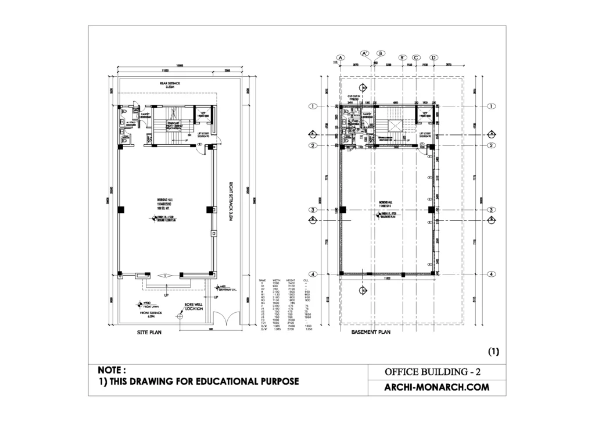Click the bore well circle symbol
tap(181, 317)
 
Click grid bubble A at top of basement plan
tap(340, 58)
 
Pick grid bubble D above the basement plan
tap(433, 58)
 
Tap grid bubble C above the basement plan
tap(416, 58)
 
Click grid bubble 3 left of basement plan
tap(313, 210)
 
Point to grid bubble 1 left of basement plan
tap(313, 106)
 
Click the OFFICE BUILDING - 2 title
tap(433, 371)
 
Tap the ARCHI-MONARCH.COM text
tap(432, 387)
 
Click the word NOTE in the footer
tap(111, 370)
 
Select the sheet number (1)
tap(493, 351)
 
